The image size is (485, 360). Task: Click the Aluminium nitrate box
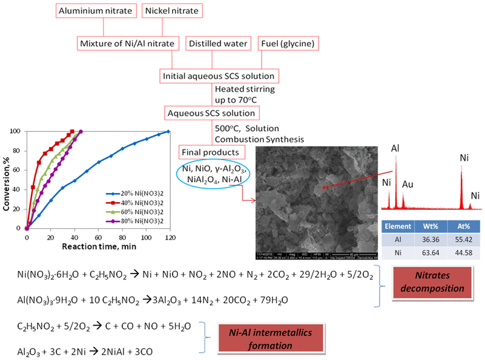(x=96, y=11)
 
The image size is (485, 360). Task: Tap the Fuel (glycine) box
(x=288, y=44)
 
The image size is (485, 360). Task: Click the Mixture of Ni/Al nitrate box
(x=128, y=44)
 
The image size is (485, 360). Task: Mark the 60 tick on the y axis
(x=18, y=170)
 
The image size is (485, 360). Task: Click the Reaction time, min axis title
(x=97, y=246)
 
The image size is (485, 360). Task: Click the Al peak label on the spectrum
(x=395, y=148)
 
